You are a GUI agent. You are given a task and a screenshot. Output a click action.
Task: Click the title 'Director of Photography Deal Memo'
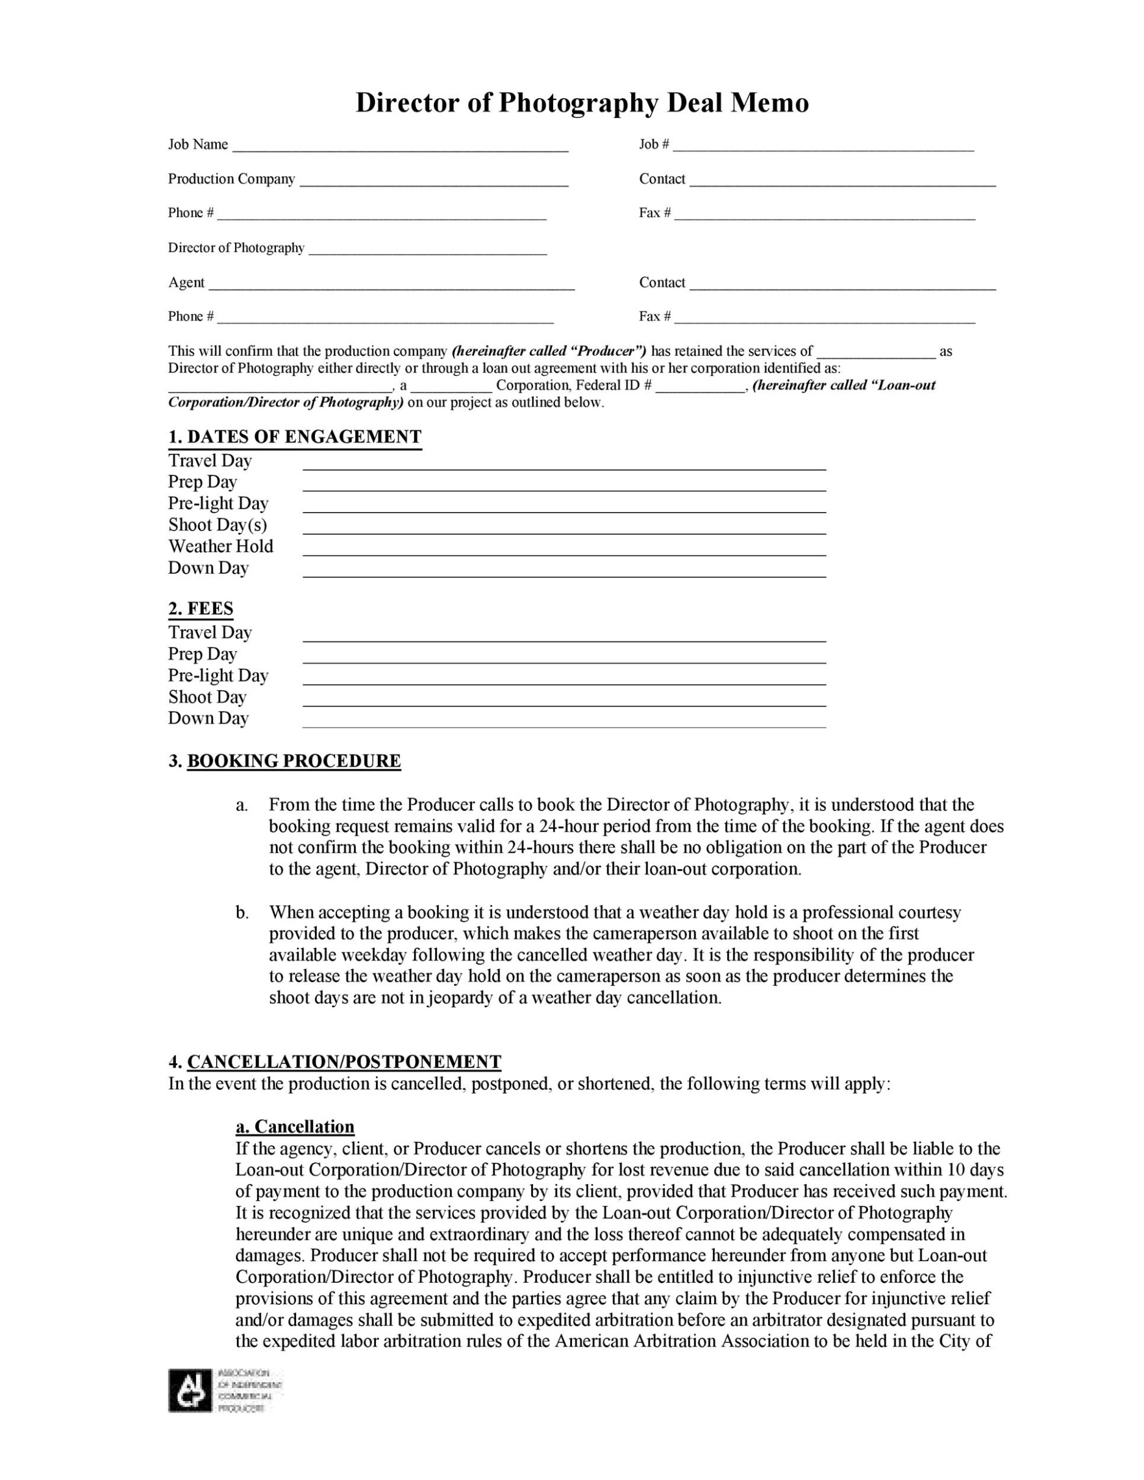582,103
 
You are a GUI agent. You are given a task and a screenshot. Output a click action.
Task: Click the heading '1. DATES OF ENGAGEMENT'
295,437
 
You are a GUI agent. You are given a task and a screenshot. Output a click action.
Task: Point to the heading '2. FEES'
201,608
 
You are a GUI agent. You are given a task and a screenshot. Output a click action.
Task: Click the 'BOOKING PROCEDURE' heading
294,761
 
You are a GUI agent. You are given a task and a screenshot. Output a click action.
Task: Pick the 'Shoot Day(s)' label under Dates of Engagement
217,525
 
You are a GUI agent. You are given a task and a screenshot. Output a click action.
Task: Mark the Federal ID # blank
700,388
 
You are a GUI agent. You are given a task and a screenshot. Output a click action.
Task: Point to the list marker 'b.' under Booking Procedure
242,913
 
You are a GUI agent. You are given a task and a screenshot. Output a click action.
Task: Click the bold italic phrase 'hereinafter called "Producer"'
549,351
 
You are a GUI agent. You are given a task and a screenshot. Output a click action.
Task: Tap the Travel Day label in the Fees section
210,633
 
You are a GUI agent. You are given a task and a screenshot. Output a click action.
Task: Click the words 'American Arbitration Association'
682,1341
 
